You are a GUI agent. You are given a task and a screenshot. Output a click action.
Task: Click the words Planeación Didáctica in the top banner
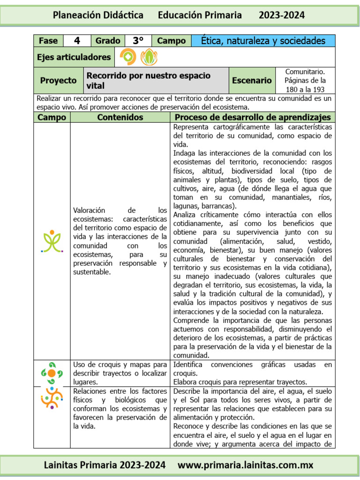click(x=98, y=15)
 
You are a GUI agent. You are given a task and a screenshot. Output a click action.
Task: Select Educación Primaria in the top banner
click(x=200, y=15)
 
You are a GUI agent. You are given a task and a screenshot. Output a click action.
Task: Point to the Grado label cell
click(x=108, y=41)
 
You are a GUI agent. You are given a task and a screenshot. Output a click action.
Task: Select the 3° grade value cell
click(x=138, y=41)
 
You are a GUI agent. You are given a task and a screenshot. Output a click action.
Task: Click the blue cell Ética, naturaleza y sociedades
click(x=263, y=41)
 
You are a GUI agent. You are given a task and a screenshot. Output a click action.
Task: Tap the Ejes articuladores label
click(x=74, y=57)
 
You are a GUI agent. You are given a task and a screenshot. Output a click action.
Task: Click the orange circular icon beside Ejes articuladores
click(x=128, y=57)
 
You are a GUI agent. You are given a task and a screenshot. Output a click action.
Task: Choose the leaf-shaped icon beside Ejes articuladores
click(x=149, y=57)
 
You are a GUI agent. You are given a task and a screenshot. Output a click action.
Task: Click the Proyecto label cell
click(x=58, y=80)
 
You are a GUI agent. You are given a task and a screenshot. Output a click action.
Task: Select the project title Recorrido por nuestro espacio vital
click(x=148, y=80)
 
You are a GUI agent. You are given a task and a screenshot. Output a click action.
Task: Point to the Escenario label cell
click(x=252, y=80)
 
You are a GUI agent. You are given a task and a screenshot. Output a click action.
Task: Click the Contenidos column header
click(x=120, y=117)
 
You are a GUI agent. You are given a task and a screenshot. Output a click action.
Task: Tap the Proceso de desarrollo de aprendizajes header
click(x=253, y=117)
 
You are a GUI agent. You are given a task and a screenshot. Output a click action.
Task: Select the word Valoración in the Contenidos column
click(x=89, y=210)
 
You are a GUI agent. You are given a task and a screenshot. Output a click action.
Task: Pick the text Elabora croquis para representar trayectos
click(x=240, y=382)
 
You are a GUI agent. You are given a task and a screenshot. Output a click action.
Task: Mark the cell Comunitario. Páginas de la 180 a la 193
click(x=305, y=80)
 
